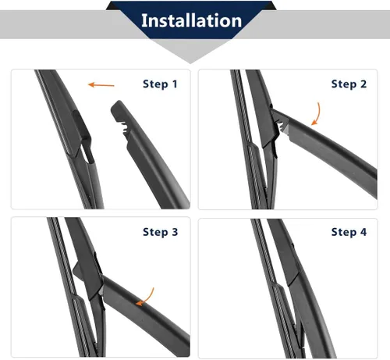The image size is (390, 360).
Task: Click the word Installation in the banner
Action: [191, 20]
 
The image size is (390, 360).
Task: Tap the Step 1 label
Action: [160, 84]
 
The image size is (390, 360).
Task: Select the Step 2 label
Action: [349, 84]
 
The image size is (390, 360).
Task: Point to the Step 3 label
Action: [160, 232]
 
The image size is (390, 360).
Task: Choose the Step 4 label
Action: [349, 232]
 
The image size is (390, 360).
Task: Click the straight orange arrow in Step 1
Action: [101, 85]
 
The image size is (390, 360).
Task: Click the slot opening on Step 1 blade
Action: [88, 154]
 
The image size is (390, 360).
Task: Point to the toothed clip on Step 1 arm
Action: [122, 127]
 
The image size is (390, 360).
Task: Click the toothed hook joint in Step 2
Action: [281, 126]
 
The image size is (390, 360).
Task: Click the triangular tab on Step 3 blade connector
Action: [78, 271]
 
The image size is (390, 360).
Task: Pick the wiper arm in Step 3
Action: [145, 314]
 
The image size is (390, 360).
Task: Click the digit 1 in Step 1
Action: [175, 84]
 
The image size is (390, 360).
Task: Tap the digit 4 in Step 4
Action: [363, 232]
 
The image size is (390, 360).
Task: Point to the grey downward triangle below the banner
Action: [190, 52]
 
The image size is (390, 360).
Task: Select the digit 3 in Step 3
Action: [175, 232]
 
